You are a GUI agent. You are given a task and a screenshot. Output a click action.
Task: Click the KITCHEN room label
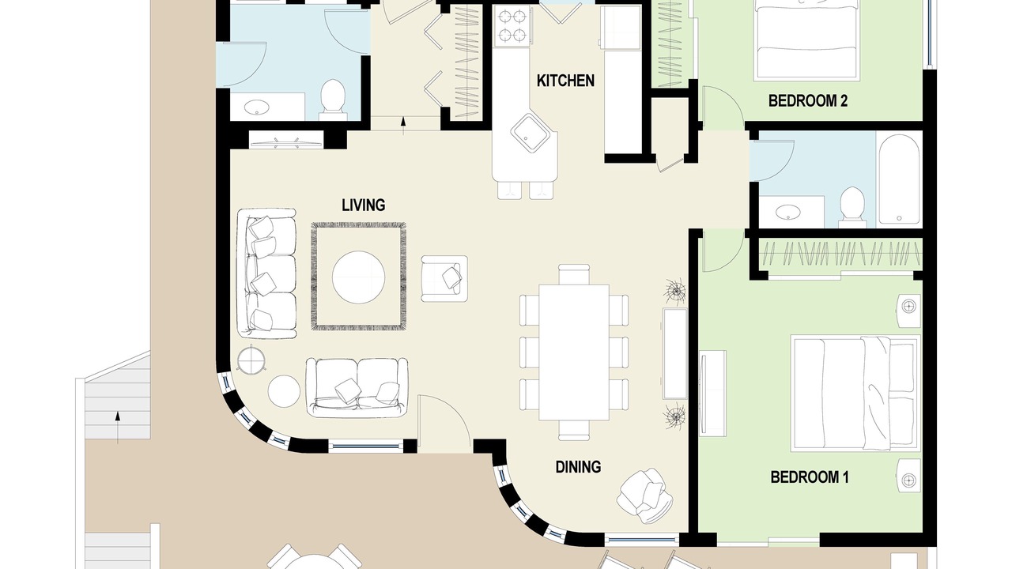[565, 81]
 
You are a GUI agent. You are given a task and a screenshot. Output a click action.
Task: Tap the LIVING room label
[363, 205]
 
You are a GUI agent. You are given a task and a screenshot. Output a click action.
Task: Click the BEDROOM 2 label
[808, 100]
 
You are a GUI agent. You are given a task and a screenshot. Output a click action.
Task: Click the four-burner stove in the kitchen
[512, 26]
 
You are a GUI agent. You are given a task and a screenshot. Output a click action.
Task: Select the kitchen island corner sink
[530, 133]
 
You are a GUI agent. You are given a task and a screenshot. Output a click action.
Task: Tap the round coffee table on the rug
[358, 277]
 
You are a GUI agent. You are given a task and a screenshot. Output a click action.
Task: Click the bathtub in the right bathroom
[899, 179]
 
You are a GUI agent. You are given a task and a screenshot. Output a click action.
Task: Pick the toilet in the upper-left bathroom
[333, 97]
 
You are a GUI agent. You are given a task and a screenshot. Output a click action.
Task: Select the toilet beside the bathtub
[853, 207]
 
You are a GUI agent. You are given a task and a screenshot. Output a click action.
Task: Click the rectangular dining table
[574, 352]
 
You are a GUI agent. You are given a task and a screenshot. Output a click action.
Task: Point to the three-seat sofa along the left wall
[266, 273]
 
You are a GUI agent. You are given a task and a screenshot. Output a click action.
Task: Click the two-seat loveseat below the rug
[357, 387]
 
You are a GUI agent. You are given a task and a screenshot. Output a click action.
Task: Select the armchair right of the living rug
[444, 279]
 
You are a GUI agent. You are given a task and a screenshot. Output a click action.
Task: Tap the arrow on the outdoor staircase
[118, 427]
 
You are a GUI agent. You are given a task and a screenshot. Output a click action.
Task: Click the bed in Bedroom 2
[806, 40]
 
